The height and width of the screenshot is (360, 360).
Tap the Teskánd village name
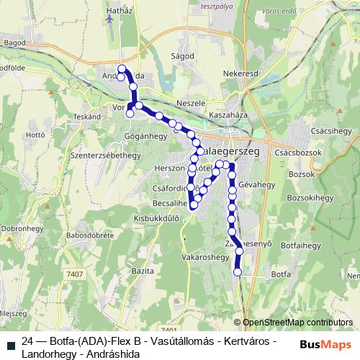pos(86,116)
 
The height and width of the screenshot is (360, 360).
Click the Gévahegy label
pos(256,184)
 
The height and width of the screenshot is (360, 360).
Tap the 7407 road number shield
pos(74,274)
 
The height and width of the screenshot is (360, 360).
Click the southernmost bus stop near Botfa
pos(238,272)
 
